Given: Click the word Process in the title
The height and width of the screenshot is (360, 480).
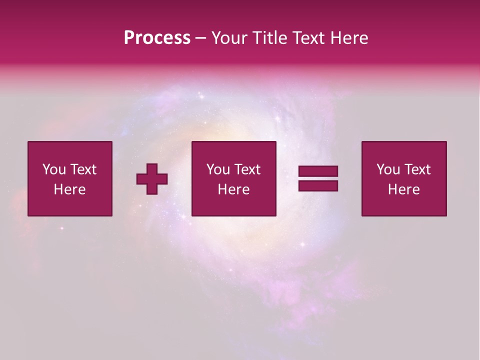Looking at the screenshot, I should (157, 38).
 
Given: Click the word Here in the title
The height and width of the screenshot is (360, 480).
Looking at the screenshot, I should (349, 38).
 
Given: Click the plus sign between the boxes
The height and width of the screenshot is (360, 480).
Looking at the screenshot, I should (152, 179).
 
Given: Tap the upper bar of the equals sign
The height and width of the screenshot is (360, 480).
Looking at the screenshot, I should (318, 171).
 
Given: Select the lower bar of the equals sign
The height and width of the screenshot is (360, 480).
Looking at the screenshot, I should (318, 186).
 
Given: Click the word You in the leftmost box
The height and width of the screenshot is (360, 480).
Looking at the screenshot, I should (54, 169).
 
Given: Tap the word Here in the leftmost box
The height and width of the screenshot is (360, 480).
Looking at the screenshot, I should (69, 189).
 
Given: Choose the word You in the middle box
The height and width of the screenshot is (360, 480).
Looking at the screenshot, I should (218, 169).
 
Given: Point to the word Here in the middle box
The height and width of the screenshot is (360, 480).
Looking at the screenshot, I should (233, 189).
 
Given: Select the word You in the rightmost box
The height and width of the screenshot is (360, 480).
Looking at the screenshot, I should (388, 169).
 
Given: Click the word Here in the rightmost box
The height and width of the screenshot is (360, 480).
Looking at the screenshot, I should (403, 189).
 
